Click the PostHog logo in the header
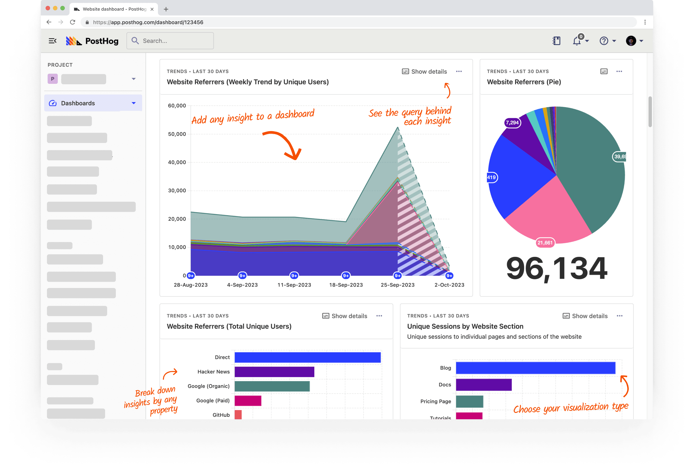[92, 41]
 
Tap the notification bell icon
[577, 41]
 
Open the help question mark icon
[604, 41]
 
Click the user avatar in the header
[631, 41]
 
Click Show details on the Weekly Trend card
[424, 71]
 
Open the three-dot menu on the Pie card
[619, 71]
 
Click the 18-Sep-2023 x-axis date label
[346, 285]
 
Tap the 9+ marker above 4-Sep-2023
[242, 276]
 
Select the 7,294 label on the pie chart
[512, 123]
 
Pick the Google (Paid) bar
[248, 401]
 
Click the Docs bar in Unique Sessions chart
[484, 385]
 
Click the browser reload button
[72, 22]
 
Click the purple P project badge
[53, 79]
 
